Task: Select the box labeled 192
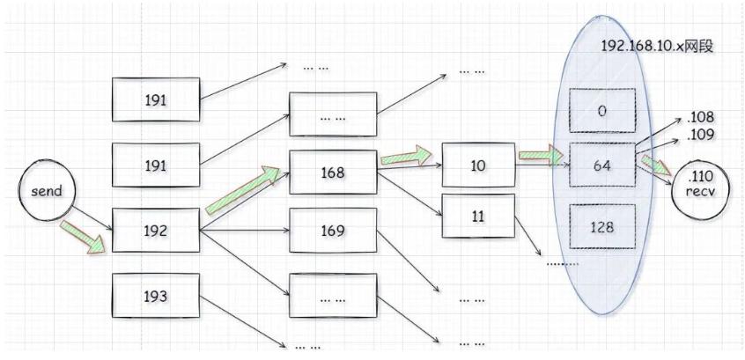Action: [x=155, y=231]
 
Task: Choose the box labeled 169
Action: [x=334, y=231]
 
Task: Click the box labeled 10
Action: [x=476, y=165]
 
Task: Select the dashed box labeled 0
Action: [x=601, y=112]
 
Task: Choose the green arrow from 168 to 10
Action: [x=409, y=159]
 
